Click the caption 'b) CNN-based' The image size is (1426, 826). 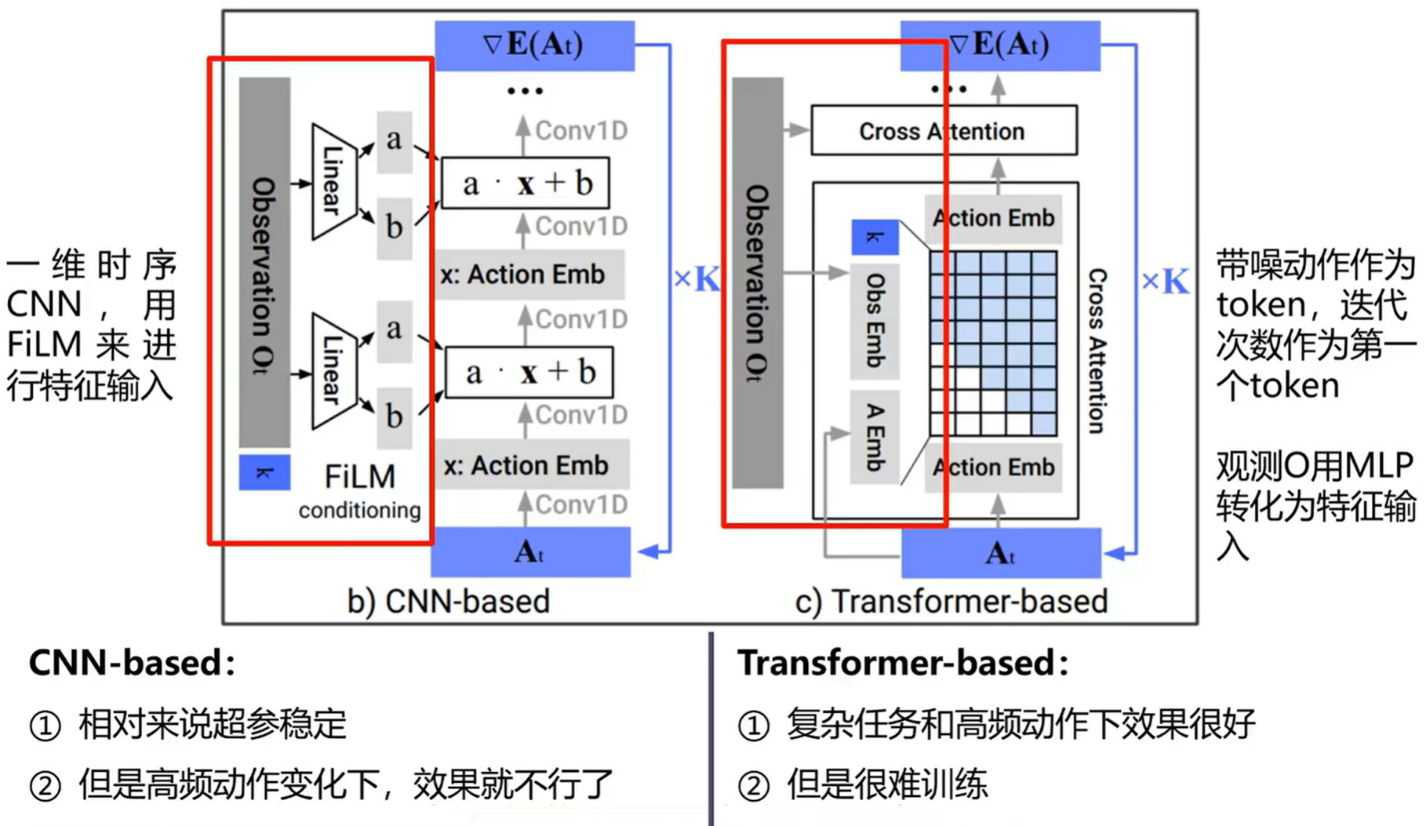pos(449,602)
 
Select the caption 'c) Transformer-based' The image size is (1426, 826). pos(951,602)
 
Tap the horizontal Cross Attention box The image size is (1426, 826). pos(944,131)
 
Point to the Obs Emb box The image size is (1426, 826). pos(875,321)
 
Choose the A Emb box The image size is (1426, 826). pos(875,437)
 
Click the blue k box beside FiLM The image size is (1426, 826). pos(264,473)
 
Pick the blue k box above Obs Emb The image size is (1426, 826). pos(875,237)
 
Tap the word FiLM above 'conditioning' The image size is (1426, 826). pos(360,476)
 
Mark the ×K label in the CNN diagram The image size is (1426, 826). pos(697,279)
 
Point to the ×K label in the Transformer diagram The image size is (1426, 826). pos(1165,282)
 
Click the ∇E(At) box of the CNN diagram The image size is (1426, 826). pos(534,45)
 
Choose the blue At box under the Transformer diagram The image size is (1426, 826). pos(1001,553)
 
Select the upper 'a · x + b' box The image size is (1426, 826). pos(526,184)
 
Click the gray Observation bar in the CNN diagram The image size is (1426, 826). pos(264,263)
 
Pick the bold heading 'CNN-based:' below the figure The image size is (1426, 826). pos(132,663)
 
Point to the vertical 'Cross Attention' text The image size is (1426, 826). pos(1097,351)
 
